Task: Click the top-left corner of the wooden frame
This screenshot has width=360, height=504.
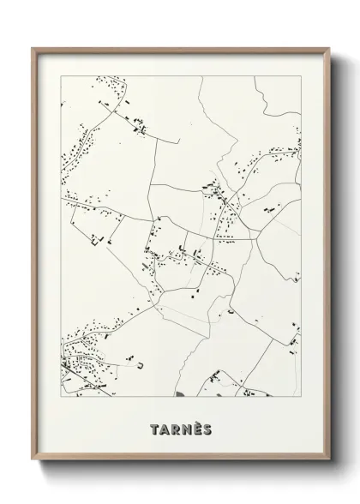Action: [x=33, y=48]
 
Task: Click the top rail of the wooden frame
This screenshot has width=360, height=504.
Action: [x=180, y=49]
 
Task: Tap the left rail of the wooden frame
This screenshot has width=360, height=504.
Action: [x=35, y=257]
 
